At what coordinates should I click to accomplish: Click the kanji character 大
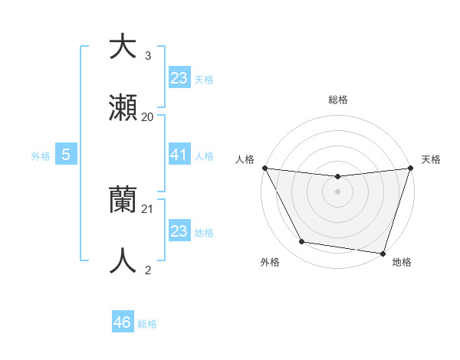[123, 47]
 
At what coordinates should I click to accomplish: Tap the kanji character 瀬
[123, 109]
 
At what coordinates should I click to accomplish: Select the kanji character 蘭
[123, 201]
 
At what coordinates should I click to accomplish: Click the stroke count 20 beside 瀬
[148, 117]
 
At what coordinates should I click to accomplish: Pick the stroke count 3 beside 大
[148, 56]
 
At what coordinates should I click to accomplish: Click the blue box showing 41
[179, 155]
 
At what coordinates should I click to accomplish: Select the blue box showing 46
[123, 322]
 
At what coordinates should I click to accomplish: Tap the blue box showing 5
[66, 155]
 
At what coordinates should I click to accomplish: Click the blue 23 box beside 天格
[179, 77]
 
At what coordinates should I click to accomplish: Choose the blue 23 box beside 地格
[179, 231]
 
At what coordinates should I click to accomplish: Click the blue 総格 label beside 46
[147, 324]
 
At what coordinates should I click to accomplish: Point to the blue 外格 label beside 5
[41, 156]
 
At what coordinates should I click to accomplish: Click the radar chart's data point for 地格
[383, 254]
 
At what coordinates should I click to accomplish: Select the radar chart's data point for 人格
[264, 168]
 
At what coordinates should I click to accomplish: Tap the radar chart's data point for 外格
[301, 242]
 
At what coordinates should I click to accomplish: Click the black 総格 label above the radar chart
[337, 100]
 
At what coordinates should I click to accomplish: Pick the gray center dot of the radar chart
[337, 191]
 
